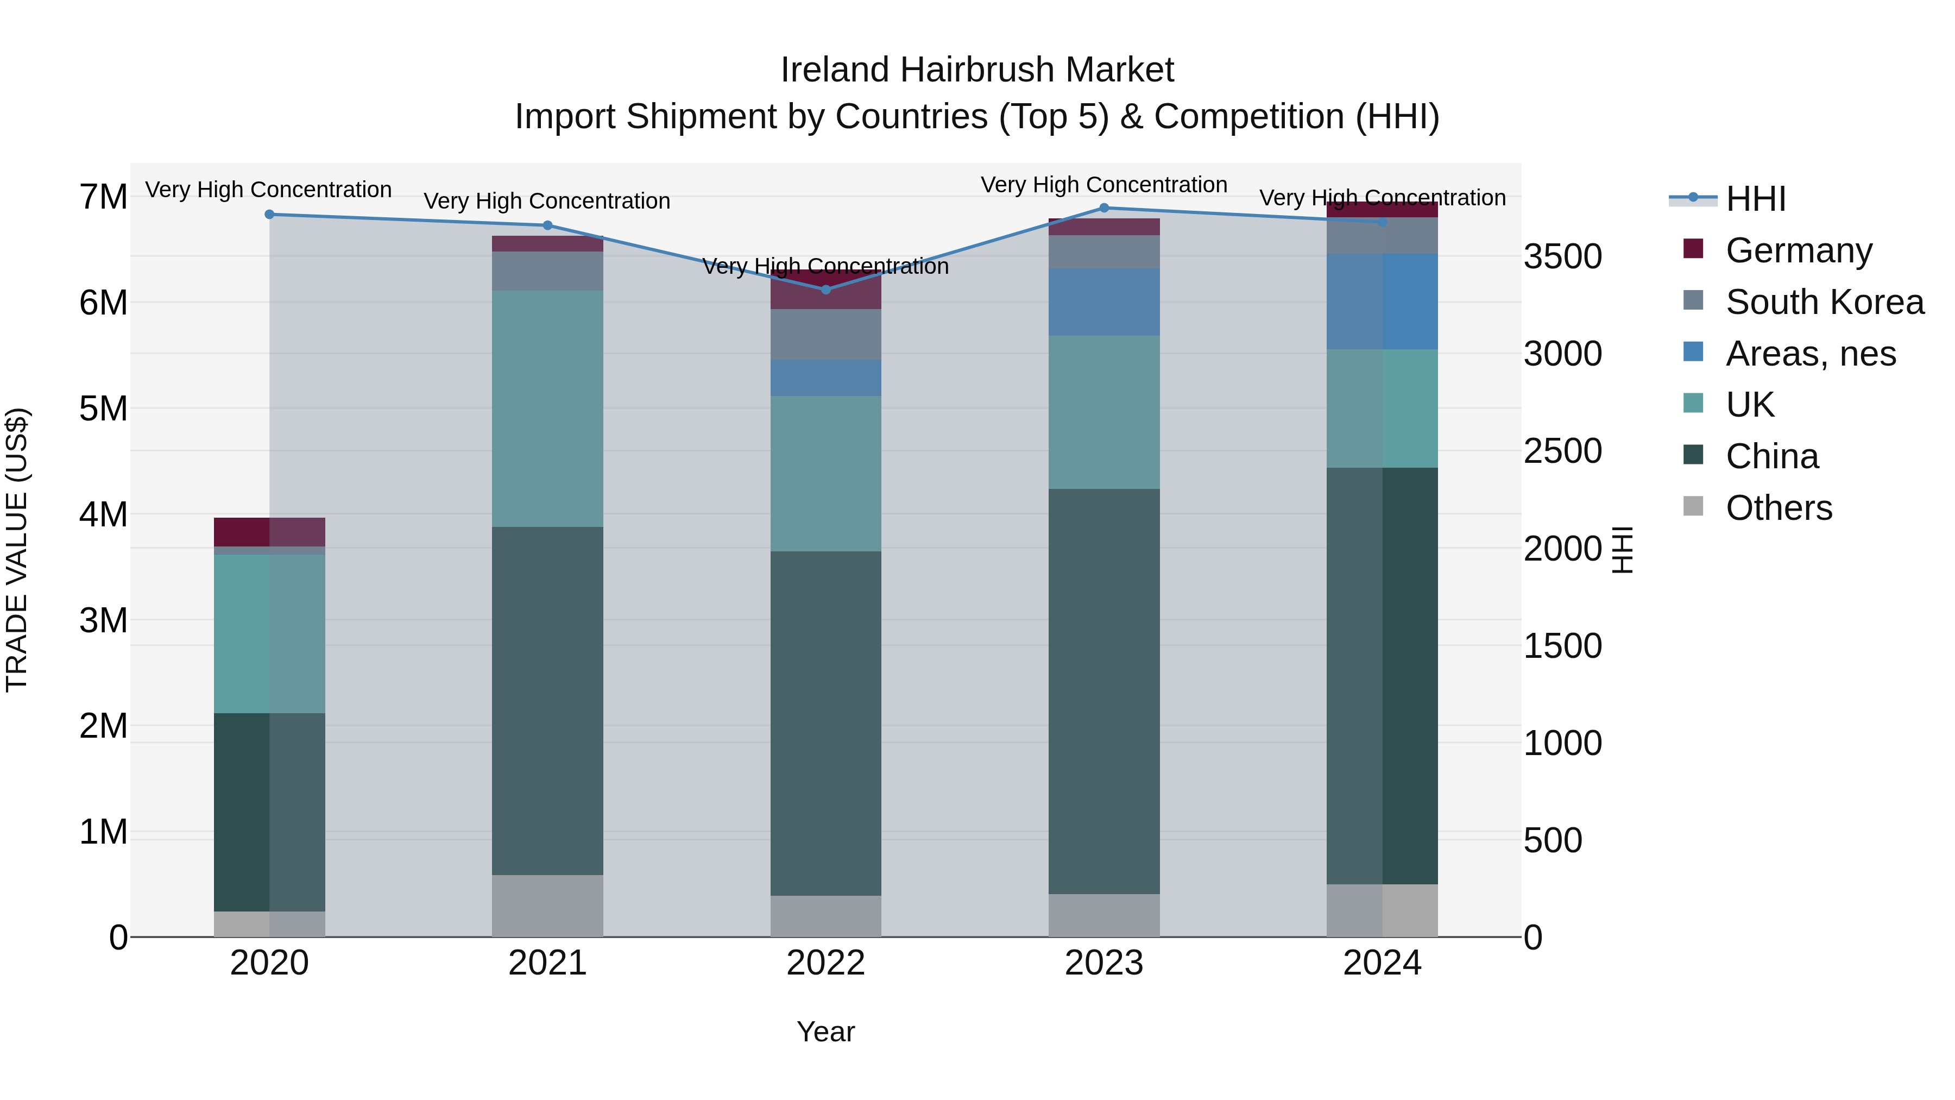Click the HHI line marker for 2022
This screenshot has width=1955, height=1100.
pos(825,289)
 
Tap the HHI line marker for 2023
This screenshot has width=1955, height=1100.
pos(1104,208)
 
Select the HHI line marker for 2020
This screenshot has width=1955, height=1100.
pos(269,215)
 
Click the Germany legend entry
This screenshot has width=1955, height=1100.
pos(1798,250)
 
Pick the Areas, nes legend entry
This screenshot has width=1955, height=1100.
pos(1810,354)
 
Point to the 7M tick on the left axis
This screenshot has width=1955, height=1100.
pos(103,197)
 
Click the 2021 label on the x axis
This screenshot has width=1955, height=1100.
pos(547,963)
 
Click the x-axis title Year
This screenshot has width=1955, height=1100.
pos(825,1032)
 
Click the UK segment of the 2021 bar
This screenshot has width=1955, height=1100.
pos(547,408)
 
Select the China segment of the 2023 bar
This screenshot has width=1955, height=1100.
pos(1104,691)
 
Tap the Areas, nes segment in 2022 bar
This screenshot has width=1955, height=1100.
pos(825,378)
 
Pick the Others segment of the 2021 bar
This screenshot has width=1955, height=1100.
pos(547,906)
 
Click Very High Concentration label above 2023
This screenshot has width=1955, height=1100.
pos(1104,185)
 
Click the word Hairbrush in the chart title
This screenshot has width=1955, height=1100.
pos(978,70)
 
